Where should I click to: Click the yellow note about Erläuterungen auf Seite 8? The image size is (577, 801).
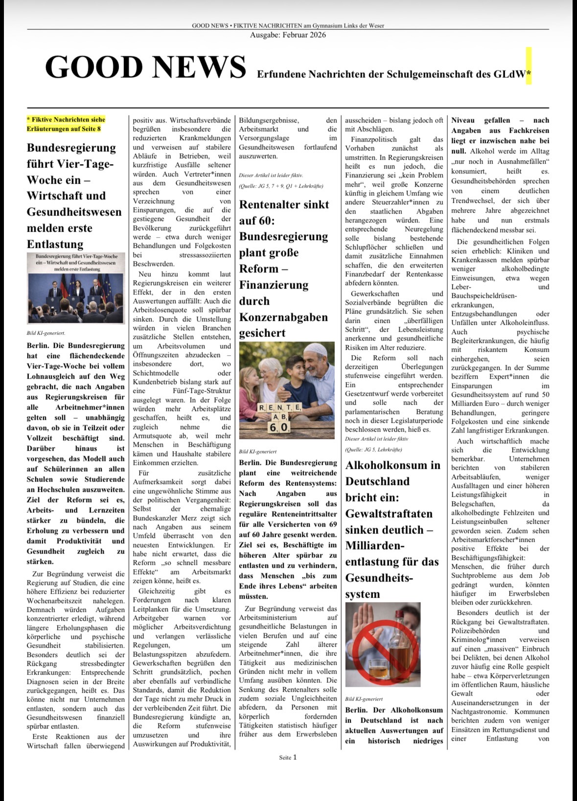point(66,124)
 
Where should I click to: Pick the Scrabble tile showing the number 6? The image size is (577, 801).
point(273,427)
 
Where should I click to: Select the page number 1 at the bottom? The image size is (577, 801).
point(295,757)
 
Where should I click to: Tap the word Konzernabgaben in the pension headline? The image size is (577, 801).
point(283,317)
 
